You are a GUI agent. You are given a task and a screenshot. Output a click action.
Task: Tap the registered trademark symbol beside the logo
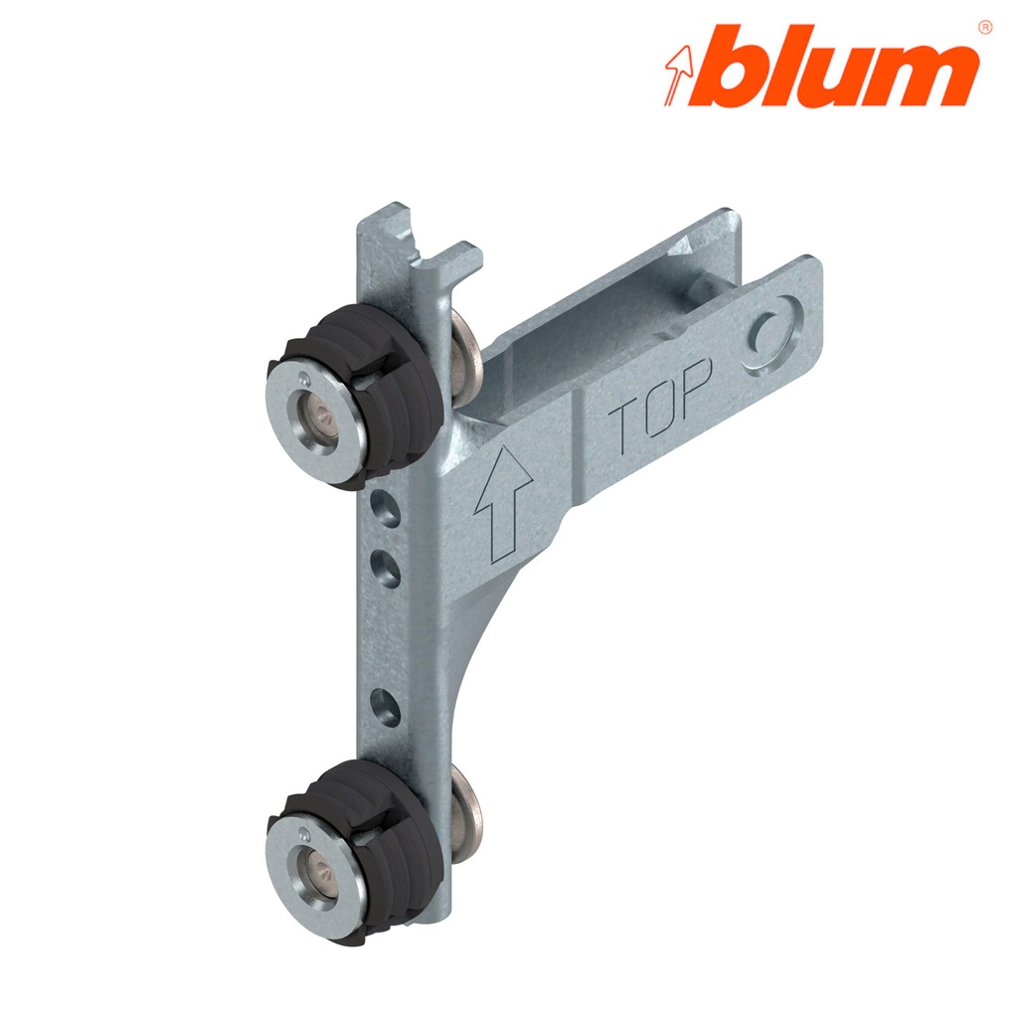(984, 27)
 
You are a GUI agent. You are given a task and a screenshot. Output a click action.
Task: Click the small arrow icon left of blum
(678, 76)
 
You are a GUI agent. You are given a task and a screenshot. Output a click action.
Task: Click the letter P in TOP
(698, 383)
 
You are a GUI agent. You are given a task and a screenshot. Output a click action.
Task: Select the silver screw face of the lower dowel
(308, 854)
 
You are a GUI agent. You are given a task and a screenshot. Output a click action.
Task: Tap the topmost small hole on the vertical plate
(382, 508)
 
